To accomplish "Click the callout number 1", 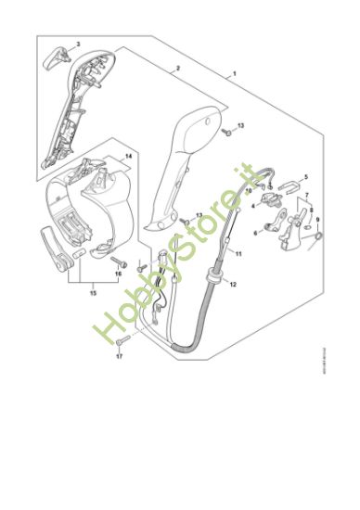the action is coord(235,73).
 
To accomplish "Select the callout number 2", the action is coord(177,69).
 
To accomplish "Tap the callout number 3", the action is coord(78,44).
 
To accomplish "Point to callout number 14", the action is coord(129,157).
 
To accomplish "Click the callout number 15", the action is coord(91,293).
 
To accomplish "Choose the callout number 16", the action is coord(118,274).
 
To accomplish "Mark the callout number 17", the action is coord(119,356).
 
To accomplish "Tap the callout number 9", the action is coord(317,220).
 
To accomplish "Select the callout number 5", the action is coord(307,175).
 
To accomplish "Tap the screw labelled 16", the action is coord(115,261).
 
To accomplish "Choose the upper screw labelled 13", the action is coord(225,132).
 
